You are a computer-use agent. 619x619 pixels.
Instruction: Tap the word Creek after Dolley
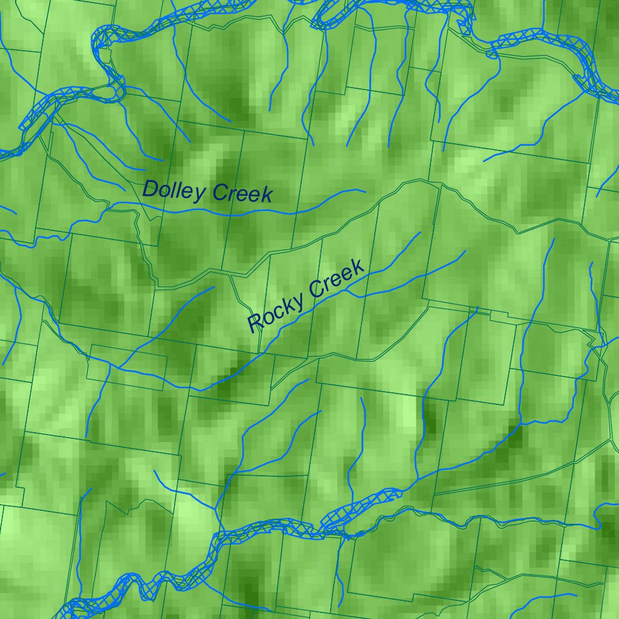pos(242,194)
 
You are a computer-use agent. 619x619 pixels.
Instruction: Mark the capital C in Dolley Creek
pos(219,193)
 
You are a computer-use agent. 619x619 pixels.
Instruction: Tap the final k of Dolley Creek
pos(267,195)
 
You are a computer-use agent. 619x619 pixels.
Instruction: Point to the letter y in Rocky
pos(297,300)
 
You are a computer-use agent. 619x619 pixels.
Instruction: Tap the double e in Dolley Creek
pos(247,195)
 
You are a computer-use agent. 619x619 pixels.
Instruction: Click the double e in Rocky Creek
pos(341,277)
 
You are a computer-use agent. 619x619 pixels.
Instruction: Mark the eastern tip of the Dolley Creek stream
pos(365,192)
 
